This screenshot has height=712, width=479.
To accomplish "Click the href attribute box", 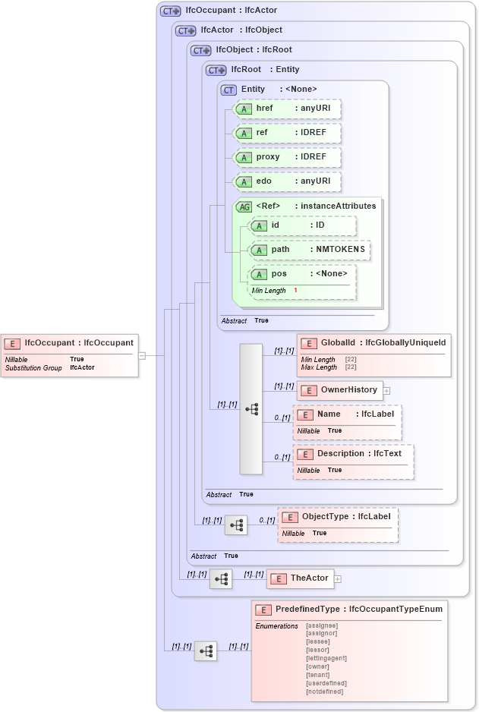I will [287, 109].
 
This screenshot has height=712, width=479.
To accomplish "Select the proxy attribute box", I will [287, 157].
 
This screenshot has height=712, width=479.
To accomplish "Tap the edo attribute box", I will [287, 181].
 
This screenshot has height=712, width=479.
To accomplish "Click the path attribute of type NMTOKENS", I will [310, 250].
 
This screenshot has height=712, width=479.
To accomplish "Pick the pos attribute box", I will [302, 274].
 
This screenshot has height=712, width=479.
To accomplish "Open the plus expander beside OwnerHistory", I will [386, 391].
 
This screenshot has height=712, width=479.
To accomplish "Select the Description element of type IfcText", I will [353, 454].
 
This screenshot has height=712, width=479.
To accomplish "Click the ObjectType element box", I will [338, 517].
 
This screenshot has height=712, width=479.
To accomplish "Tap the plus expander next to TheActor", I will [338, 579].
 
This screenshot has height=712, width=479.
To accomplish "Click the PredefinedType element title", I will [348, 610].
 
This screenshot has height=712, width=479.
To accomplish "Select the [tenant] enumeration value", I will [317, 675].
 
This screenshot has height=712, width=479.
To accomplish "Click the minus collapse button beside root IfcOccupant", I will [141, 355].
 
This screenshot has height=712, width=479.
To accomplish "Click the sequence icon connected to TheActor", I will [221, 579].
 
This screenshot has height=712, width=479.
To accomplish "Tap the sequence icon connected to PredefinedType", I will [206, 651].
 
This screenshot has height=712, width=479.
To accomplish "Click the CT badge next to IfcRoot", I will [217, 70].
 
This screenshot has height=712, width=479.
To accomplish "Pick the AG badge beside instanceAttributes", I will [244, 206].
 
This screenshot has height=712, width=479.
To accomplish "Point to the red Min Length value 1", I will [295, 291].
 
